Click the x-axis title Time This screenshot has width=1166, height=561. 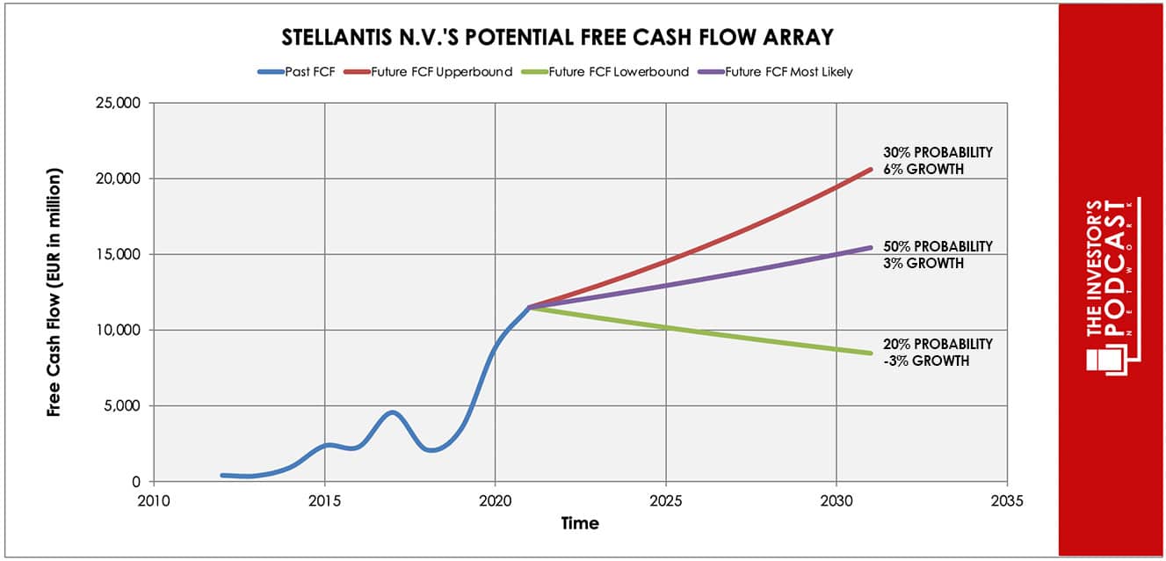click(580, 524)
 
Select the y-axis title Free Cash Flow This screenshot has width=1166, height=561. click(55, 291)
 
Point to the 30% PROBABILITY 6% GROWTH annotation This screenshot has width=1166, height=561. click(937, 160)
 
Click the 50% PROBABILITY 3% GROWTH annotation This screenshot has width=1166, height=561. click(937, 254)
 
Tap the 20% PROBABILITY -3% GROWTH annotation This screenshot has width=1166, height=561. click(937, 352)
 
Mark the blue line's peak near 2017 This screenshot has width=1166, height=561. click(393, 412)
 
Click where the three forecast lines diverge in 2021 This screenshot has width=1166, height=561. click(528, 307)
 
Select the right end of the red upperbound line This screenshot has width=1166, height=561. click(870, 169)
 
